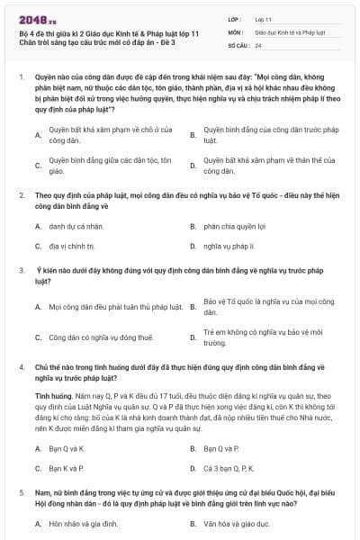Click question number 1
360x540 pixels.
coord(20,77)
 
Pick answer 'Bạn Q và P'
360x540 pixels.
coord(220,447)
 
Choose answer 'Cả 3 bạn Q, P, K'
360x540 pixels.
coord(229,468)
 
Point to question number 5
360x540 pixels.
coord(20,494)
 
